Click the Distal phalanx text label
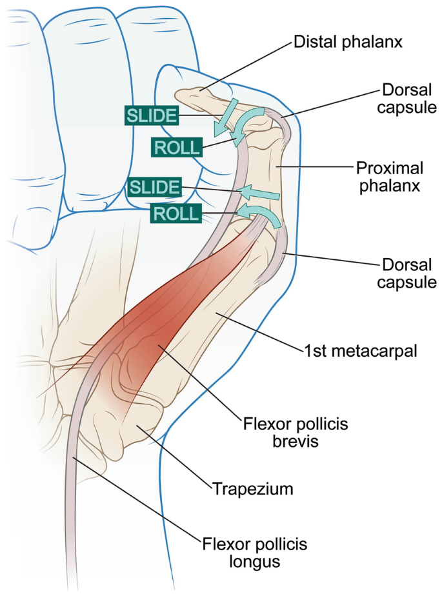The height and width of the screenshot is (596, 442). (348, 43)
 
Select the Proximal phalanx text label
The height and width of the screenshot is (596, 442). (390, 177)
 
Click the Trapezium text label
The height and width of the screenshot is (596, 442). (253, 488)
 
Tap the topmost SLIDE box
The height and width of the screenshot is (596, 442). (151, 115)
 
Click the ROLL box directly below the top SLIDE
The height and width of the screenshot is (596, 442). (177, 147)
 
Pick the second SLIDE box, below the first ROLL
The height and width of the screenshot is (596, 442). (154, 187)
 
